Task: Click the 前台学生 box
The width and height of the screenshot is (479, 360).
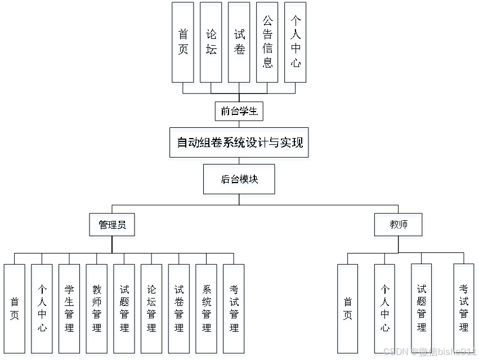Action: click(x=239, y=111)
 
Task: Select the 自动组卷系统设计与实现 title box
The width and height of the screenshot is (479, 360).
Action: click(x=239, y=143)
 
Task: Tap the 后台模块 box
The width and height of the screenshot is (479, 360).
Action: click(x=239, y=179)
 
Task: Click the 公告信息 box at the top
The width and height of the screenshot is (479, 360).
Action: click(x=267, y=42)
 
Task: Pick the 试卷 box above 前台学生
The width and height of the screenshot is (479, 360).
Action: click(x=239, y=42)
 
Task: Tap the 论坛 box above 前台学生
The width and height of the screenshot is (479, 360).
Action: click(x=211, y=42)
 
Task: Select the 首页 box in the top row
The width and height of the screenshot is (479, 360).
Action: click(x=183, y=42)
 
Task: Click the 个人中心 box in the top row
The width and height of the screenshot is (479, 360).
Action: click(x=296, y=42)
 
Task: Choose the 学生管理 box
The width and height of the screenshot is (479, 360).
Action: click(x=69, y=308)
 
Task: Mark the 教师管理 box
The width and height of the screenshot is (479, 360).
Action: click(x=97, y=308)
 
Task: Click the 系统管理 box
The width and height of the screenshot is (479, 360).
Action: click(x=207, y=308)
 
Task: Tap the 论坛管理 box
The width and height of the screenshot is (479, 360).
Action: click(x=151, y=308)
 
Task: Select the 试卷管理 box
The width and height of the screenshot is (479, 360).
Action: click(x=179, y=308)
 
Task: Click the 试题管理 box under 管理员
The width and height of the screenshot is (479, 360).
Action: click(x=124, y=308)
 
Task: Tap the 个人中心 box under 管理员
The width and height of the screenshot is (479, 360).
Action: click(x=42, y=308)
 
